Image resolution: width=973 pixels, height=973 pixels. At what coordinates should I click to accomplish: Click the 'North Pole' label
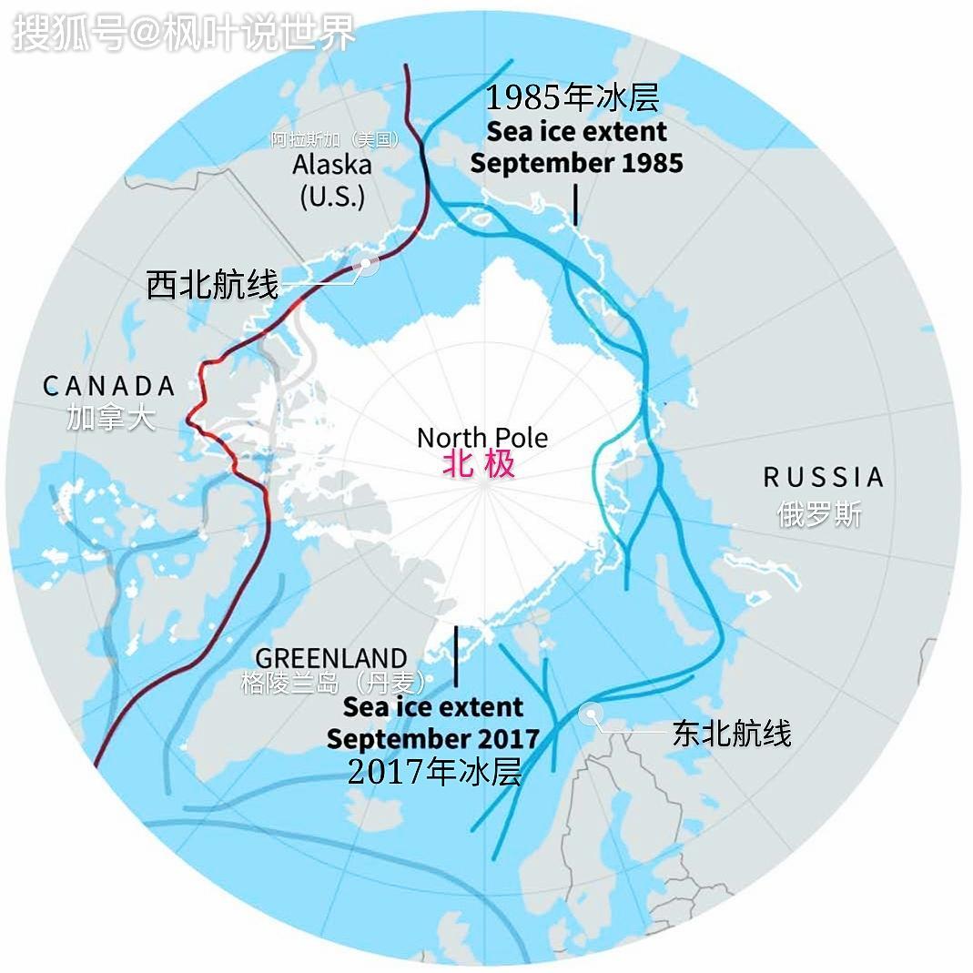(x=482, y=437)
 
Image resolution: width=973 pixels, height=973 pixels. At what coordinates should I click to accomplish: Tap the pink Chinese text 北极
(x=479, y=464)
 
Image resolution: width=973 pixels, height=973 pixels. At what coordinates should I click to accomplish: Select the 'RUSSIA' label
(x=823, y=477)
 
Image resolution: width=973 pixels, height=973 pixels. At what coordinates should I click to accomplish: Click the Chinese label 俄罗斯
(x=819, y=513)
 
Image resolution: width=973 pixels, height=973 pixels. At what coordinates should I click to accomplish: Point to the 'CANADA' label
(x=109, y=386)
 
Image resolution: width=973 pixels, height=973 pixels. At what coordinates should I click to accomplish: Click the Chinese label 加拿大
(x=111, y=417)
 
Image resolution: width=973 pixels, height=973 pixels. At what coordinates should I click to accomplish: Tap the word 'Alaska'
(x=332, y=165)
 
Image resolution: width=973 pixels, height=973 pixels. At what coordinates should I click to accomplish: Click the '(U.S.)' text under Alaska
(x=332, y=196)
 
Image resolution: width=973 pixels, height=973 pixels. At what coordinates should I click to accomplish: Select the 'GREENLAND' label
(x=331, y=657)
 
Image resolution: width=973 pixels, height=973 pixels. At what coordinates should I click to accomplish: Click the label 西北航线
(x=212, y=286)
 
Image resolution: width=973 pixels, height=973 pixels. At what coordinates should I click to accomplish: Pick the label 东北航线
(x=732, y=733)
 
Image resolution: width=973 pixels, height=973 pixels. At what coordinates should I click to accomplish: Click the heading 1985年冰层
(x=572, y=97)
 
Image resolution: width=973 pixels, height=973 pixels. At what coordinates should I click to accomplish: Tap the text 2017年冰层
(x=435, y=772)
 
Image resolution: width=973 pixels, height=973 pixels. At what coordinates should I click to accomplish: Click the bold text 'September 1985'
(x=577, y=163)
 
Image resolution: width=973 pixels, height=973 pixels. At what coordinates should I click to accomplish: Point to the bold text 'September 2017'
(x=433, y=737)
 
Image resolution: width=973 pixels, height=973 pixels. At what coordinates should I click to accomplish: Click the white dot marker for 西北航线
(x=367, y=265)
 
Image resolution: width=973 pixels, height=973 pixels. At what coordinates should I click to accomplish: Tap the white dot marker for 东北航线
(x=592, y=715)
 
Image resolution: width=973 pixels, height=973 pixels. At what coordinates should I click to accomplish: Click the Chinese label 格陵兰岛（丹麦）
(x=334, y=682)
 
